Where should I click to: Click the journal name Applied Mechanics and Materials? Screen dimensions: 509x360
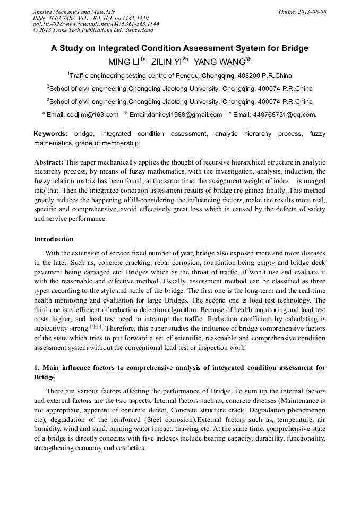click(73, 11)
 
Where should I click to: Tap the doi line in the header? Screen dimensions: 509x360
click(96, 24)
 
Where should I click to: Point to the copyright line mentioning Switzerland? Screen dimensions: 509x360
click(93, 30)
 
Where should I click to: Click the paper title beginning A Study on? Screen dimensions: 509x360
click(179, 48)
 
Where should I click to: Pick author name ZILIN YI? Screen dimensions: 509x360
click(166, 62)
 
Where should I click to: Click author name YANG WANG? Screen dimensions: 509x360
click(218, 62)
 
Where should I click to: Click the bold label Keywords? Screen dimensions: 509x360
click(50, 134)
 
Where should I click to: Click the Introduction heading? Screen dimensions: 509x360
click(54, 239)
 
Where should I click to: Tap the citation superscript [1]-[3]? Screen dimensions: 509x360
click(96, 327)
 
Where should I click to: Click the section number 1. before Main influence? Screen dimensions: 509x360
click(37, 368)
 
